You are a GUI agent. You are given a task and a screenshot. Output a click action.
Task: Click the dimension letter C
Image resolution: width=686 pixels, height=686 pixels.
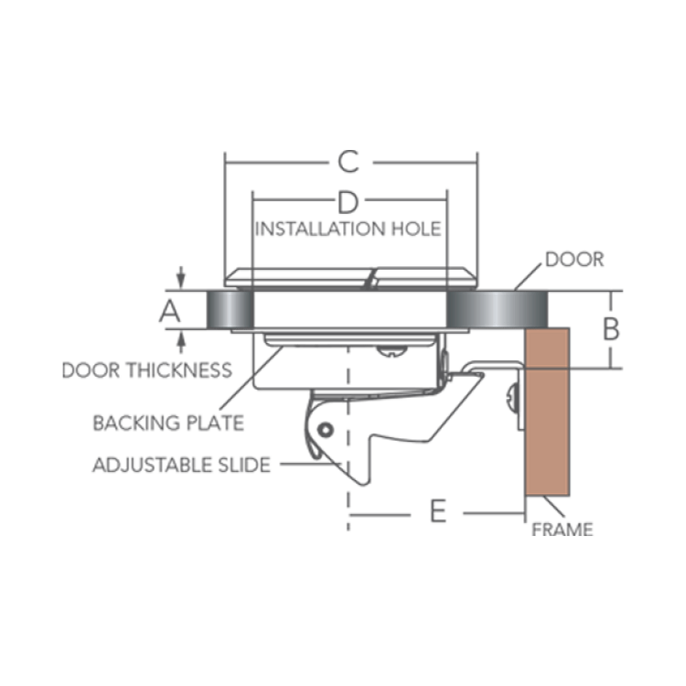pyautogui.click(x=348, y=162)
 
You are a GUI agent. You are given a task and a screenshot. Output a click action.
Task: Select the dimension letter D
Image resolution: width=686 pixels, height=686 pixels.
pyautogui.click(x=348, y=202)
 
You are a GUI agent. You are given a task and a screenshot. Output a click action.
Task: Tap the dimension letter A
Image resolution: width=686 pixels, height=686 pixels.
pyautogui.click(x=170, y=312)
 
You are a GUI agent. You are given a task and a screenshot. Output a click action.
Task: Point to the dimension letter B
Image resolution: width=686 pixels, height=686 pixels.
pyautogui.click(x=611, y=329)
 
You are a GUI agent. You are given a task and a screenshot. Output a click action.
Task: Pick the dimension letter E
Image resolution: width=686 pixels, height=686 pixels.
pyautogui.click(x=438, y=510)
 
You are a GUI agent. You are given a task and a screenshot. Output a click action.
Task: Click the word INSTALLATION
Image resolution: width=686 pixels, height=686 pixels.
pyautogui.click(x=320, y=230)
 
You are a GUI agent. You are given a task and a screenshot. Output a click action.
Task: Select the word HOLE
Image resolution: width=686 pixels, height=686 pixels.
pyautogui.click(x=416, y=230)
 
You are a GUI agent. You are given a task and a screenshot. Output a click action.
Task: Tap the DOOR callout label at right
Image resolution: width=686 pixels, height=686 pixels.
pyautogui.click(x=574, y=260)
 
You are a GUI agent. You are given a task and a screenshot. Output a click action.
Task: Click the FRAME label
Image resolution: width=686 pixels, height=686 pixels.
pyautogui.click(x=563, y=530)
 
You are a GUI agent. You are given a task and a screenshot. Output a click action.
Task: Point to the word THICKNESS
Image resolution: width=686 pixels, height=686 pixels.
pyautogui.click(x=178, y=370)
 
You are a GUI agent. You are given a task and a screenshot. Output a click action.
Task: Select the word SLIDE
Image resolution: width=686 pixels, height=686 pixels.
pyautogui.click(x=244, y=465)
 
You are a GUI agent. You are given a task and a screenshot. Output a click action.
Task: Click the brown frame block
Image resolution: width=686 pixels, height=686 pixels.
pyautogui.click(x=547, y=412)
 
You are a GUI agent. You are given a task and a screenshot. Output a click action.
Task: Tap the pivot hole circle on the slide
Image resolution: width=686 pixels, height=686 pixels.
pyautogui.click(x=325, y=430)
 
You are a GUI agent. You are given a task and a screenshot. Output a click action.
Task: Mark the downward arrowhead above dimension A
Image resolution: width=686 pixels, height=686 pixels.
pyautogui.click(x=181, y=281)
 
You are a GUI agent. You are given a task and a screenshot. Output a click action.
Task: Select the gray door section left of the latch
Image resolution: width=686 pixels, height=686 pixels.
pyautogui.click(x=230, y=310)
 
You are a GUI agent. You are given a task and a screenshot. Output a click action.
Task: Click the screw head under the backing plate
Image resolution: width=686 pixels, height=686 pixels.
pyautogui.click(x=391, y=351)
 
